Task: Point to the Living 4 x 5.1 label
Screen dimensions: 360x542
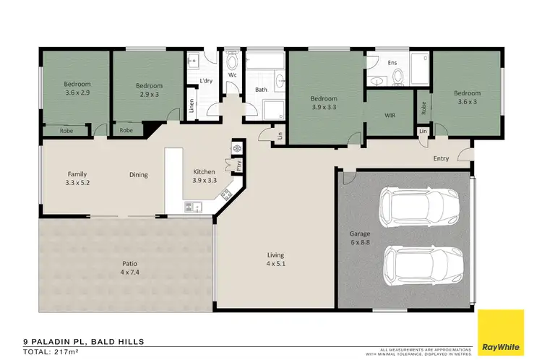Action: tap(275, 260)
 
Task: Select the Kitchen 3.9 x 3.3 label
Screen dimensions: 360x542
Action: tap(204, 176)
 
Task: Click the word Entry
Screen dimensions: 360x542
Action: tap(441, 158)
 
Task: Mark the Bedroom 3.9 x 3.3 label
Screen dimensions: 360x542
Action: tap(324, 103)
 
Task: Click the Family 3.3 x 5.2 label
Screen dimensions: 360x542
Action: tap(77, 179)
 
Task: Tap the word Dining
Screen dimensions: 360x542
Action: tap(139, 174)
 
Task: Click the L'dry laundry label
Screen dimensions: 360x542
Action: tap(205, 81)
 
